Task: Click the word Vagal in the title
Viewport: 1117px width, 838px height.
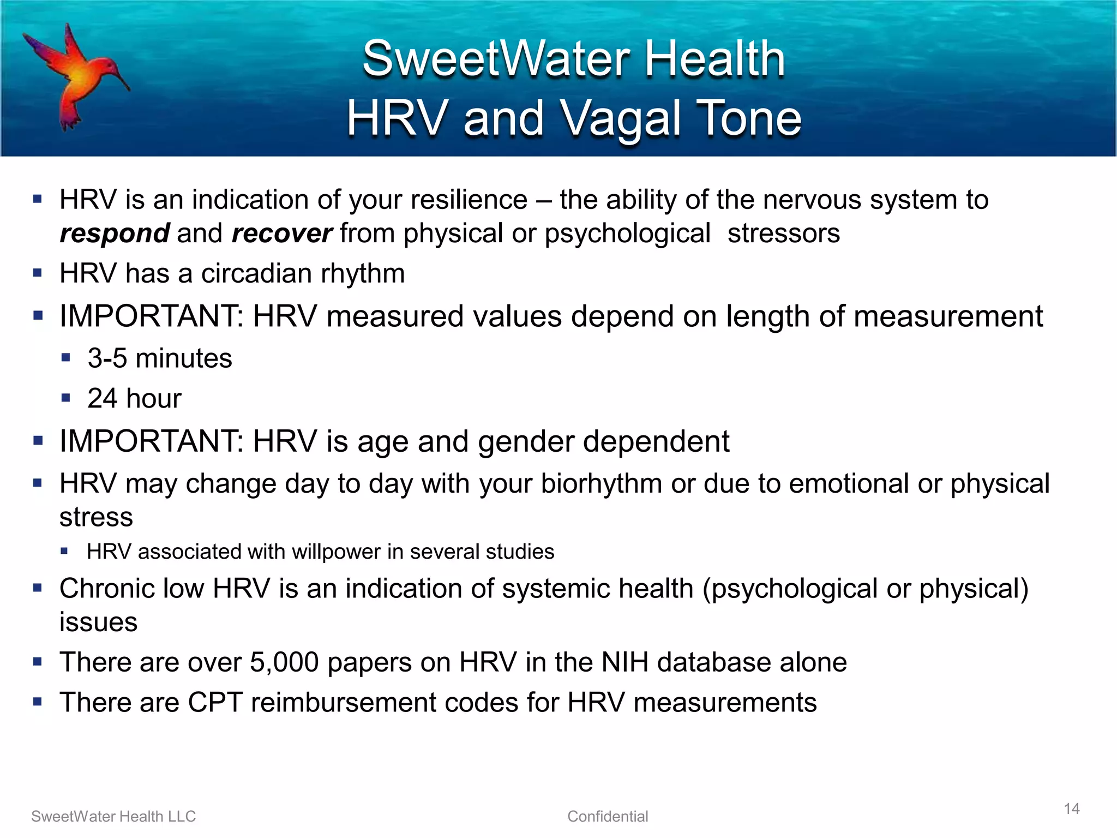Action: click(621, 118)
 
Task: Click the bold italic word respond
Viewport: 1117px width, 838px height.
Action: click(115, 234)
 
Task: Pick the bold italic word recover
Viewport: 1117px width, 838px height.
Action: click(281, 234)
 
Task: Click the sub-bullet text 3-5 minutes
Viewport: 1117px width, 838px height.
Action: click(160, 358)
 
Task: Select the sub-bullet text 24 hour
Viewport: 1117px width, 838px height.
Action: click(134, 398)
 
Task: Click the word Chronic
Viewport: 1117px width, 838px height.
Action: click(131, 589)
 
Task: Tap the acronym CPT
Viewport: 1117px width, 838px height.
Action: click(215, 702)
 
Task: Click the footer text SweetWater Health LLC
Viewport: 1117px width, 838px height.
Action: click(113, 816)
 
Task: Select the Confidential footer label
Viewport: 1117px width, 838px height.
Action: click(608, 816)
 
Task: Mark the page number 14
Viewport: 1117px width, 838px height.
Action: click(1072, 809)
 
